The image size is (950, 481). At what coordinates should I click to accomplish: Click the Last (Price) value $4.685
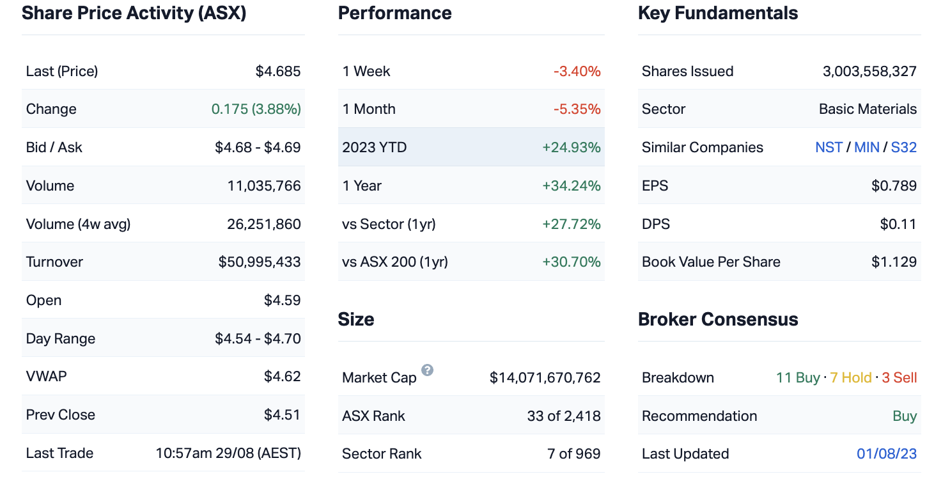coord(278,71)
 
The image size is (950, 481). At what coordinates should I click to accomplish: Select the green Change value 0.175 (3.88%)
coord(256,109)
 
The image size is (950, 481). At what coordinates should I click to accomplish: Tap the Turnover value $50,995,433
coord(260,262)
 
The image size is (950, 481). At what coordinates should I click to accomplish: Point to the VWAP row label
coord(47,376)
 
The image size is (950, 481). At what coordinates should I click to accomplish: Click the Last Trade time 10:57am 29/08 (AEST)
coord(228,453)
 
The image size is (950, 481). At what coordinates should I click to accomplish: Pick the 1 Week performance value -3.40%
coord(577,71)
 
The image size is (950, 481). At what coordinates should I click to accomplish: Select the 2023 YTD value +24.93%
coord(572,148)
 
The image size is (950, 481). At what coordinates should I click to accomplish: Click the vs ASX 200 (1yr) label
coord(395,262)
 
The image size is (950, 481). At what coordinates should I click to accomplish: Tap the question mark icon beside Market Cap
coord(428,370)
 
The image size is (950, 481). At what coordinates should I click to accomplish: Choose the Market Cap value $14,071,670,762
coord(545,378)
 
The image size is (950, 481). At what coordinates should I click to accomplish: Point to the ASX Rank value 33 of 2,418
coord(564,416)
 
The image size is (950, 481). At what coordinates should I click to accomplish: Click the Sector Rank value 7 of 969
coord(574,454)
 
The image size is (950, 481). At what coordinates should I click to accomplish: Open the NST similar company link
coord(829,148)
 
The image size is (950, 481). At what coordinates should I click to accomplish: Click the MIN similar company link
coord(867,148)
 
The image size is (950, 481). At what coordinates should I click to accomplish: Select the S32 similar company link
coord(904,148)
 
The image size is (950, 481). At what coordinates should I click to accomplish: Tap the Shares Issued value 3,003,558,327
coord(869,71)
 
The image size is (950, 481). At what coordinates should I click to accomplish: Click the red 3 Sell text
coord(899,378)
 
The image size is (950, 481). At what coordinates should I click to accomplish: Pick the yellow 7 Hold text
coord(851,378)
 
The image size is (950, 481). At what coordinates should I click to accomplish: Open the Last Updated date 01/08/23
coord(887,454)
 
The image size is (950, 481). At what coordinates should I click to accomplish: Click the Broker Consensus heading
coord(718,319)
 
